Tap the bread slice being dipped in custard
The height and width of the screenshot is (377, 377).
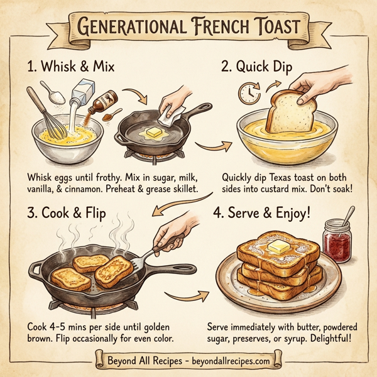(287, 110)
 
